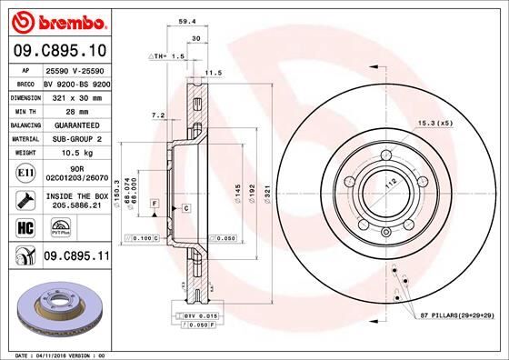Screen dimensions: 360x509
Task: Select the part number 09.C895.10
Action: [58, 50]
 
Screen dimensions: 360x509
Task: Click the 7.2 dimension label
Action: [155, 115]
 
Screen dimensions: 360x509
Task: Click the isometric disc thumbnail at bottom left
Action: [56, 305]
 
